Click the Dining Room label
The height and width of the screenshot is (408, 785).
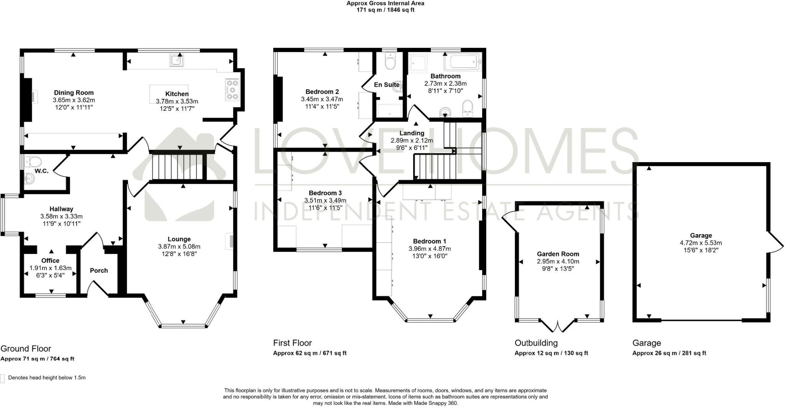[x=74, y=93]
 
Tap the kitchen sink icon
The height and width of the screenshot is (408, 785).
[x=177, y=60]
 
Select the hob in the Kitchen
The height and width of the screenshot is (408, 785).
[x=232, y=90]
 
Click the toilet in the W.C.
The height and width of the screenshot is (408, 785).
[x=31, y=161]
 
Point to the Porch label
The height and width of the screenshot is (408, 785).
[x=99, y=270]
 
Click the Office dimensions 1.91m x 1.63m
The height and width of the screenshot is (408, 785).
[x=51, y=268]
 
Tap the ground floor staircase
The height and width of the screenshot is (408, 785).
[x=177, y=166]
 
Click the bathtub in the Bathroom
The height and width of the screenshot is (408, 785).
[x=462, y=61]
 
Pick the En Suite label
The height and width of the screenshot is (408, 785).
[x=386, y=85]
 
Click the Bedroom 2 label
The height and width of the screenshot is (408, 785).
[x=322, y=92]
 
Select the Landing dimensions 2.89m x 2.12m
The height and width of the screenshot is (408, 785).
[x=412, y=140]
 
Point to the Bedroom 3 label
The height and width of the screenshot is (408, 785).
[x=325, y=193]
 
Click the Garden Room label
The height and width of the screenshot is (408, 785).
[x=558, y=254]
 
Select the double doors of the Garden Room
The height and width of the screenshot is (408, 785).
[x=558, y=326]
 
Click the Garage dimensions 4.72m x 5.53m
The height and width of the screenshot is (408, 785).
[x=701, y=243]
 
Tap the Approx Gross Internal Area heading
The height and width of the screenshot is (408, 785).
[x=385, y=3]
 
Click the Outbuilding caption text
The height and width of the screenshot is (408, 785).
[x=536, y=343]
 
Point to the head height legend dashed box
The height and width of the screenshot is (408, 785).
[x=3, y=378]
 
